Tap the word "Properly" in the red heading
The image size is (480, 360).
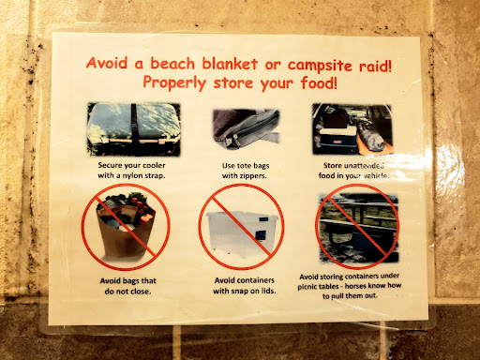[x=174, y=83]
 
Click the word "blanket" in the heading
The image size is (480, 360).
[x=230, y=64]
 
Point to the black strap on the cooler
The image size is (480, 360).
[x=135, y=124]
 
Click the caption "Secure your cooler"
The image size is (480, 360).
[x=131, y=165]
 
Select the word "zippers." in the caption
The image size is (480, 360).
[x=253, y=176]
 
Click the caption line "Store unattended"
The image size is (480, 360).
[x=353, y=165]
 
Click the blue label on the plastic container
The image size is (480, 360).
[x=261, y=236]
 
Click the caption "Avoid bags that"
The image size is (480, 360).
[x=127, y=280]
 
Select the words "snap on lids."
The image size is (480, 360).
[x=253, y=291]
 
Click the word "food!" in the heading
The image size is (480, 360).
[x=319, y=83]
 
